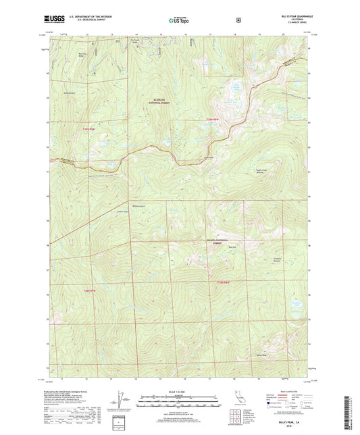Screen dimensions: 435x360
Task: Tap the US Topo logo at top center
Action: tap(180, 20)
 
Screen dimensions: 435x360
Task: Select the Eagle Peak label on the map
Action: tap(200, 159)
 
